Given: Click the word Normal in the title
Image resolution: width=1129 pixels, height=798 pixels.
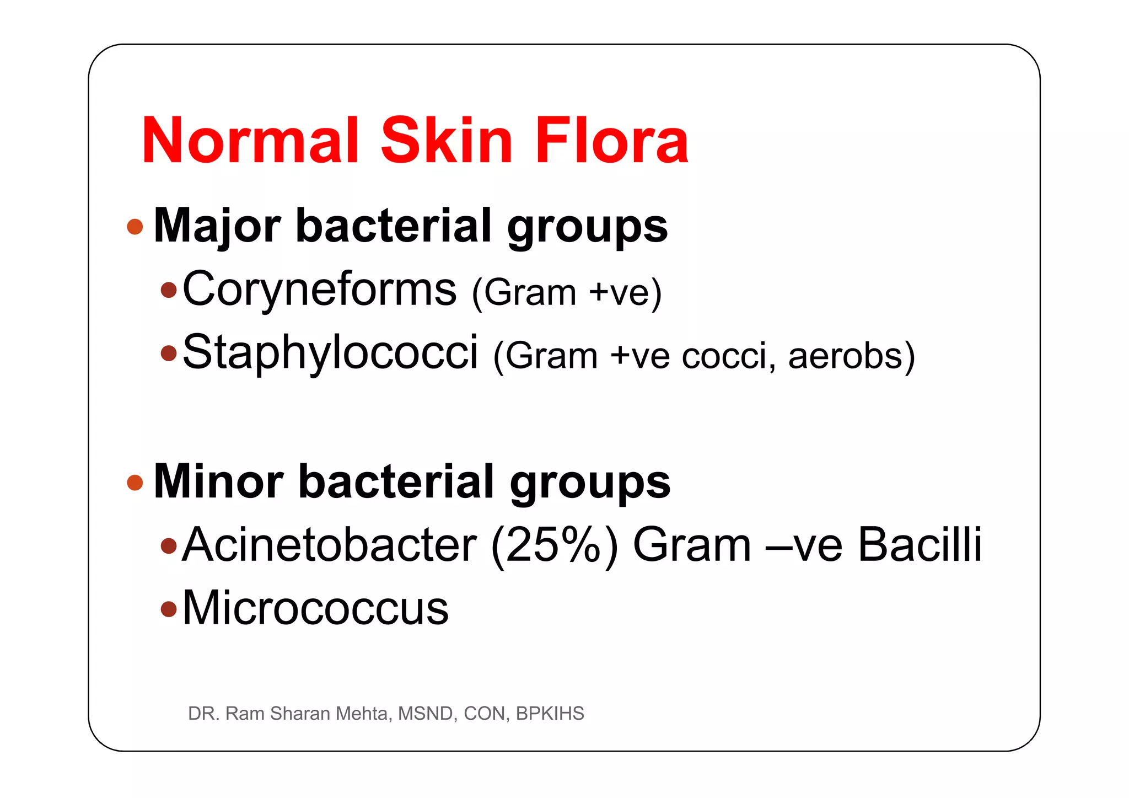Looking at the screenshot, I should pyautogui.click(x=251, y=141).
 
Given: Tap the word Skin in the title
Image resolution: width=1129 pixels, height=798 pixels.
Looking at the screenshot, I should pyautogui.click(x=447, y=141).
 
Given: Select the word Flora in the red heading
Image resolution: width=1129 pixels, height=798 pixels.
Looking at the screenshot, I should pyautogui.click(x=612, y=141).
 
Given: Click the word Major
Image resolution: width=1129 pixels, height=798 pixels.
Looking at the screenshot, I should pyautogui.click(x=217, y=226).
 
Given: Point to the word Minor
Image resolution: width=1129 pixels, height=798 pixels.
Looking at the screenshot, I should pyautogui.click(x=218, y=482).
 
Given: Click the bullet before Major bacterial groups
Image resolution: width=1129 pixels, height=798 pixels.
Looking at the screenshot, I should pyautogui.click(x=135, y=227).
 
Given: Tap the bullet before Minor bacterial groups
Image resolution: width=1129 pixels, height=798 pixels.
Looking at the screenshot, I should pyautogui.click(x=135, y=483).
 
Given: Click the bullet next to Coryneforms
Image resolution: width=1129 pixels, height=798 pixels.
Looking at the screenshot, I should pyautogui.click(x=169, y=290).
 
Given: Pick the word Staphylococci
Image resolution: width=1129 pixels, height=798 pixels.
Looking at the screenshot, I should pyautogui.click(x=330, y=352).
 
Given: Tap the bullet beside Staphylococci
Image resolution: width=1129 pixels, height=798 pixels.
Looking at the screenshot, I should pyautogui.click(x=169, y=353).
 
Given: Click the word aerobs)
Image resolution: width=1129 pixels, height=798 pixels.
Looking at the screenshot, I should pyautogui.click(x=851, y=356).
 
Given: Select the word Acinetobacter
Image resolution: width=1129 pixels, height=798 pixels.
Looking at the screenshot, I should pyautogui.click(x=329, y=545).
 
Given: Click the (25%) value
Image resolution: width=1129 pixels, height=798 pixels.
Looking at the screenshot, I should pyautogui.click(x=554, y=545).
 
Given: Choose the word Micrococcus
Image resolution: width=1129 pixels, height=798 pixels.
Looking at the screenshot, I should pyautogui.click(x=315, y=608).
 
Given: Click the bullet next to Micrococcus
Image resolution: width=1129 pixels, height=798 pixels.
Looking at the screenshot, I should pyautogui.click(x=169, y=609).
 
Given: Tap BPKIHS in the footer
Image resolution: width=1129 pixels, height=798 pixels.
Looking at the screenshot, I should pyautogui.click(x=550, y=714).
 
